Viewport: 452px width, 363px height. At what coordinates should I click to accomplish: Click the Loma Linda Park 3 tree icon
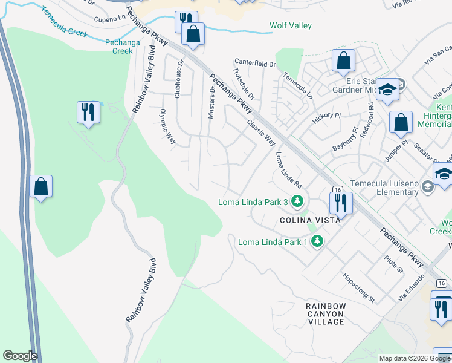pos(297,201)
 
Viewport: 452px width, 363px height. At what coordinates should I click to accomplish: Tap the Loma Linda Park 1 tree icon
pos(317,242)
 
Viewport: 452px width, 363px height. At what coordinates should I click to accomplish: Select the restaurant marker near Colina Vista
pos(341,203)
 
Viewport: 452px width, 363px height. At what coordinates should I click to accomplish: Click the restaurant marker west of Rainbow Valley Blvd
pos(88,112)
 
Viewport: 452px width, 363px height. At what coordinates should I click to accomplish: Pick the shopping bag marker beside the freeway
pos(40,186)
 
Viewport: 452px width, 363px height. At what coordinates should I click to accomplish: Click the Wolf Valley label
pos(290,25)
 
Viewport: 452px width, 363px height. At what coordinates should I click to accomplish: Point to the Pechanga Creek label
pos(118,47)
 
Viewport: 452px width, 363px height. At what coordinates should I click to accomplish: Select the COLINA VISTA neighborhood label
pos(310,220)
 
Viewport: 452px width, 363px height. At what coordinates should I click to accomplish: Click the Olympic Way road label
pos(167,126)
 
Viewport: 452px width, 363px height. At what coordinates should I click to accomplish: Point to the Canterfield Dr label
pos(255,62)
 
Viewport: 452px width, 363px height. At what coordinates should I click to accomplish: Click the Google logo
pos(19,356)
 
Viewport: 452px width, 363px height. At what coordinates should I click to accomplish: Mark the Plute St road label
pos(393,264)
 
